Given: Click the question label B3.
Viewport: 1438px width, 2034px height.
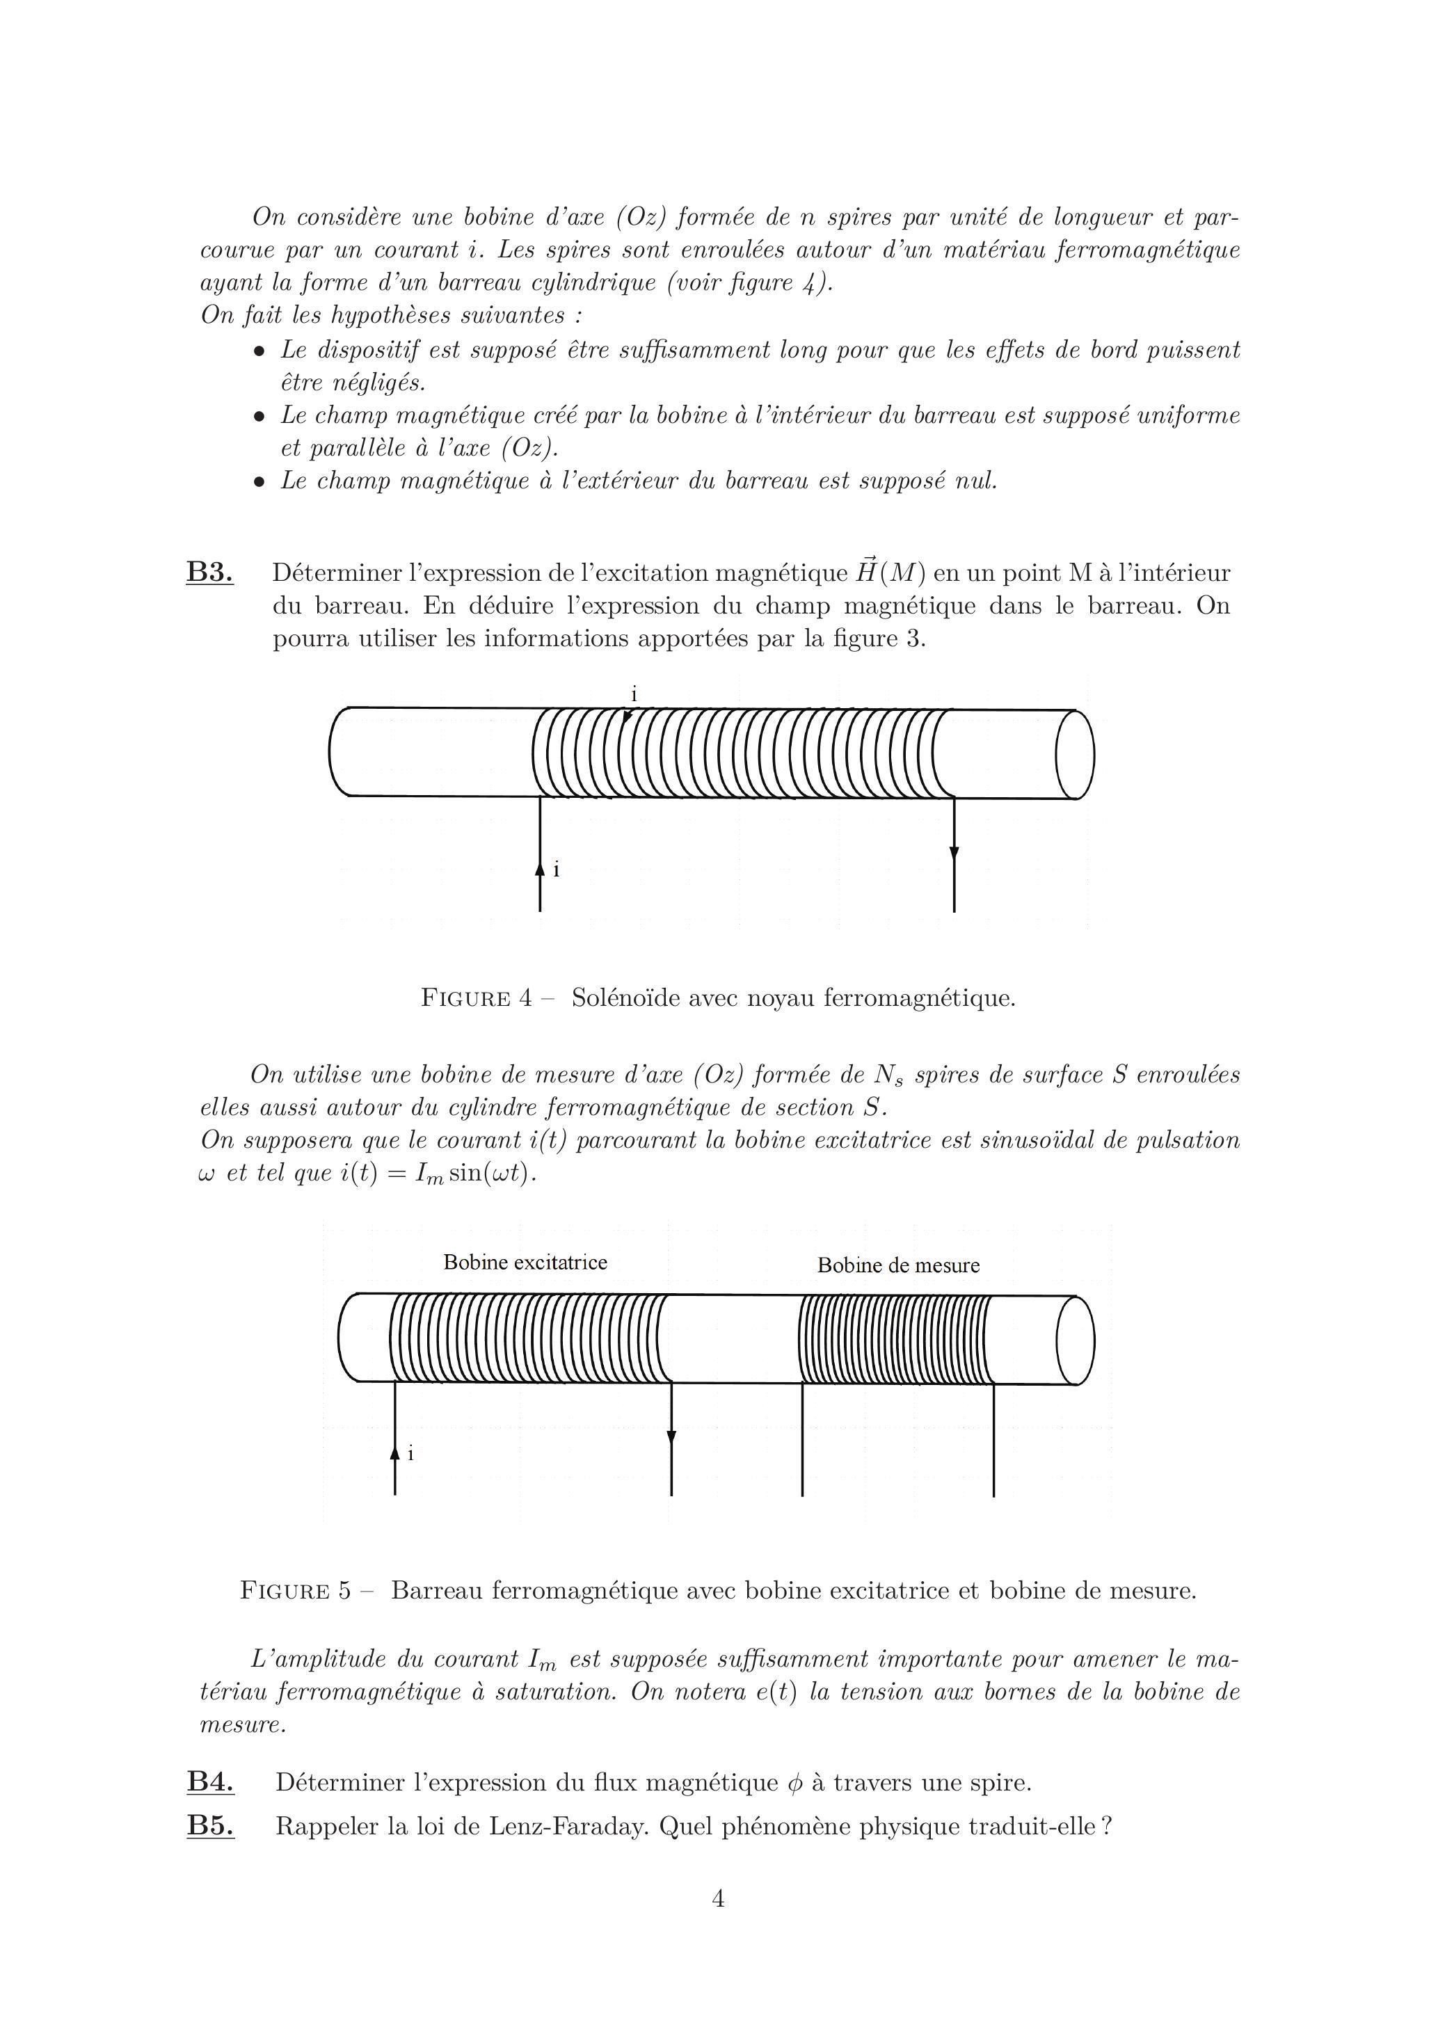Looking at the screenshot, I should [x=209, y=572].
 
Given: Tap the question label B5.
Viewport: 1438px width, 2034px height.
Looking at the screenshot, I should [x=210, y=1826].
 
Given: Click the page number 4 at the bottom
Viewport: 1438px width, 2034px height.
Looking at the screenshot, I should [x=719, y=1898].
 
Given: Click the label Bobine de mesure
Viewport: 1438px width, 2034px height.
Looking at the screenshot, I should [x=898, y=1265].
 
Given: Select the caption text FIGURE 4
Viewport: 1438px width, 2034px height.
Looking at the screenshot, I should [x=477, y=998].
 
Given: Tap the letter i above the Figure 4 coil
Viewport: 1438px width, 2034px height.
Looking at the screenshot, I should [x=634, y=694].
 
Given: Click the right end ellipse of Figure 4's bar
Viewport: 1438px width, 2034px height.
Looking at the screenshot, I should [x=1075, y=755].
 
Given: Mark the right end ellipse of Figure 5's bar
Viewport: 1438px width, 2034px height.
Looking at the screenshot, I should [x=1075, y=1340].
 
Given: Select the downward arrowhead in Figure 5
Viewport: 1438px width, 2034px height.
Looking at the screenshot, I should [x=671, y=1437].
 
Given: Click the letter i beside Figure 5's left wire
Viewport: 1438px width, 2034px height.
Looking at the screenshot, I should [x=410, y=1454].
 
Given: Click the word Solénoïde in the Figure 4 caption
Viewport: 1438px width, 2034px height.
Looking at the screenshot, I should [x=625, y=998].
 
